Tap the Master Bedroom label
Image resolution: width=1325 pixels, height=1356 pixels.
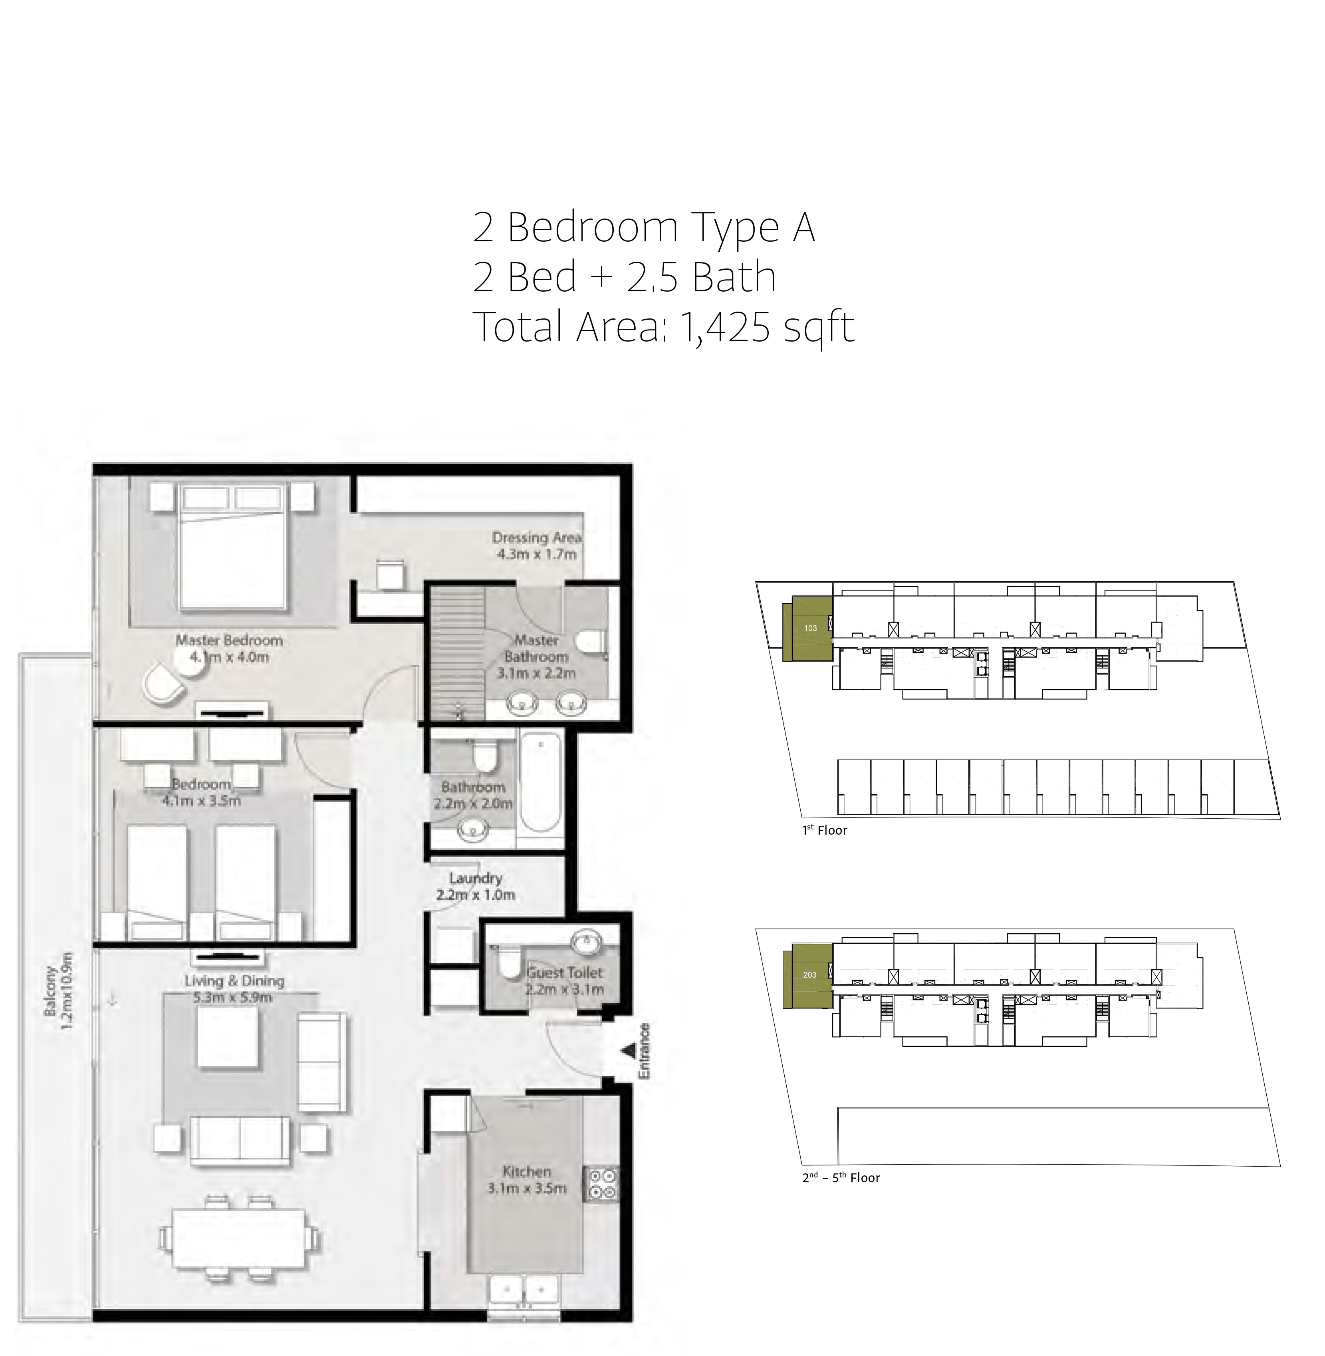click(x=229, y=640)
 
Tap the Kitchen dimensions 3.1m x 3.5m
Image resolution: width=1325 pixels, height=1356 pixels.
click(x=527, y=1188)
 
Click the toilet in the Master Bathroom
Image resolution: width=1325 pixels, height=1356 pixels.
click(x=591, y=641)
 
